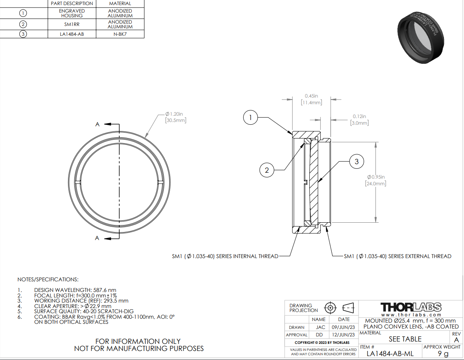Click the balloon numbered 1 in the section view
[x=250, y=117]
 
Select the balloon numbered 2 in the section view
[x=266, y=170]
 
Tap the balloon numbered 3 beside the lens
[x=357, y=162]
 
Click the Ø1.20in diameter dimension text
[x=176, y=117]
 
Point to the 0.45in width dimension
[x=311, y=99]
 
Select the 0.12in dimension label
[x=359, y=120]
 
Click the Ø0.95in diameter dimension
[x=375, y=180]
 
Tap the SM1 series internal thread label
[x=225, y=256]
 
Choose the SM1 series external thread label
[x=397, y=256]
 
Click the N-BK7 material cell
[x=120, y=34]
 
